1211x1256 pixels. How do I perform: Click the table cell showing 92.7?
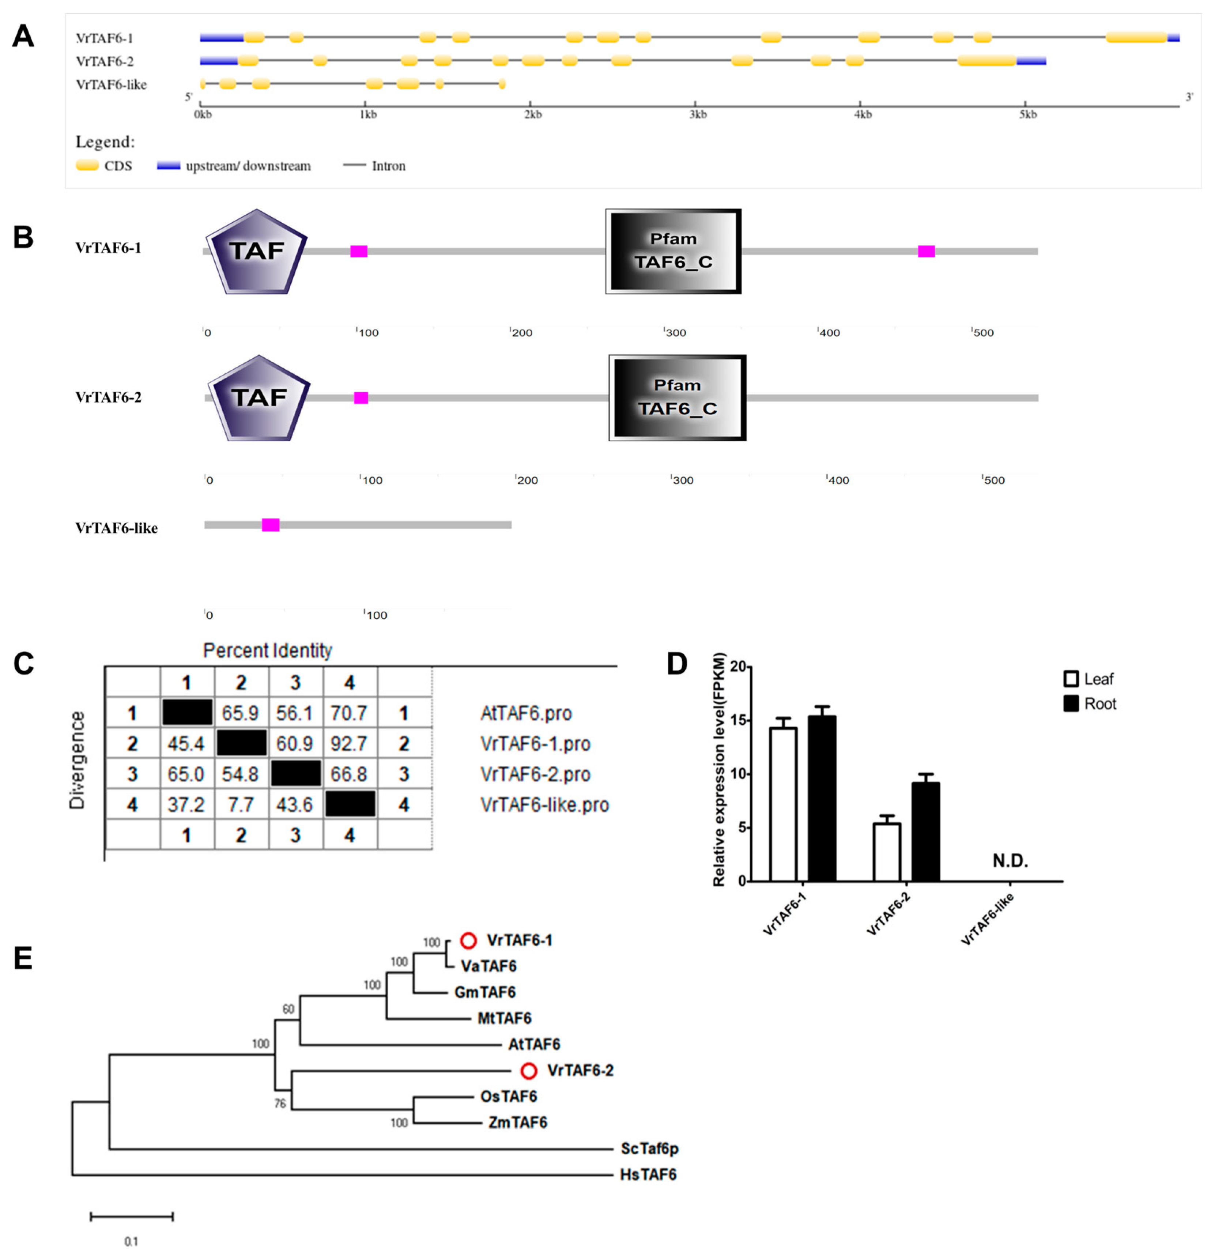click(349, 743)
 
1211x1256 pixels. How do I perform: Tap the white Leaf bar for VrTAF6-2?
click(887, 852)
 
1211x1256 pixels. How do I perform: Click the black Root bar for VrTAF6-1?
click(822, 798)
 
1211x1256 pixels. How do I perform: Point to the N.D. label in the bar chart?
click(1010, 861)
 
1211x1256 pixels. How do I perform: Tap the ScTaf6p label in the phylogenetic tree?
click(649, 1149)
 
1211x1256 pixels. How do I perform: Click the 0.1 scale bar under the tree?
click(131, 1216)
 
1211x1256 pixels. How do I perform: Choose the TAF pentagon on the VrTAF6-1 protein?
click(256, 251)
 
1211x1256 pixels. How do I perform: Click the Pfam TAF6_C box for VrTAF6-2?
click(677, 398)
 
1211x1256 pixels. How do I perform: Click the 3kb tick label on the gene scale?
click(698, 115)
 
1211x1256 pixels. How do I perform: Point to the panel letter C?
click(24, 664)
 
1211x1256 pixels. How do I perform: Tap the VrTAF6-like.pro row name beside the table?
click(544, 805)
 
